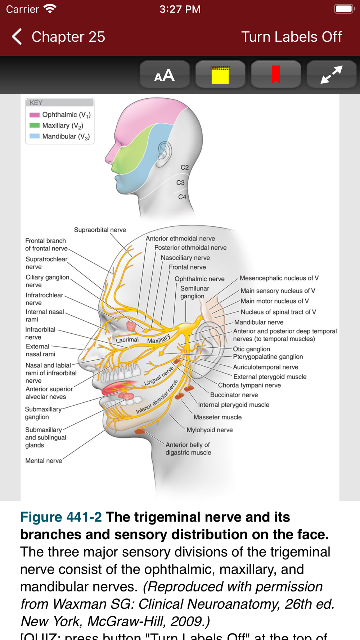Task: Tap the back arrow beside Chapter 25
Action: [x=17, y=37]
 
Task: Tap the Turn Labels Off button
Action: [x=291, y=37]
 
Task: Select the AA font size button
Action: [x=165, y=75]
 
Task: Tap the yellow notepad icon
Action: [x=220, y=75]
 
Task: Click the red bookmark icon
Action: [x=276, y=75]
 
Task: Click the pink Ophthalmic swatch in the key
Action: [x=35, y=115]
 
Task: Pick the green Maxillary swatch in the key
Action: [x=35, y=126]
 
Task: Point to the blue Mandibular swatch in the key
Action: [x=35, y=136]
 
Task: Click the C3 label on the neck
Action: [x=180, y=183]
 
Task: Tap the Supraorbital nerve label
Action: [x=100, y=230]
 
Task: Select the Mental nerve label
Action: [x=44, y=461]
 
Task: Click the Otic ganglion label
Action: [x=251, y=349]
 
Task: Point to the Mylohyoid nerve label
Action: [x=210, y=430]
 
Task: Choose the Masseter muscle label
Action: [x=217, y=417]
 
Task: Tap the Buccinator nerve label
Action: [x=234, y=395]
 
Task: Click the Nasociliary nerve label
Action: [x=185, y=258]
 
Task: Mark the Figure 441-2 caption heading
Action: [x=61, y=517]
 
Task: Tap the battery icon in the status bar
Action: [x=344, y=9]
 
